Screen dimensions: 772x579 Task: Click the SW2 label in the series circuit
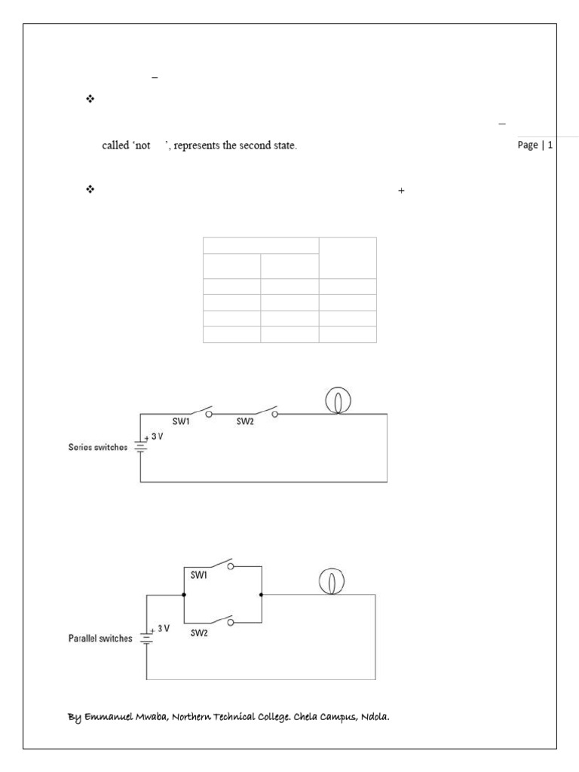pos(245,421)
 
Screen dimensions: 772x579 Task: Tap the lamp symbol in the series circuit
pos(336,400)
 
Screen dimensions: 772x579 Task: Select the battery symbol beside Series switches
pos(140,446)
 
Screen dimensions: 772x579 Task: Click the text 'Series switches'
pos(98,447)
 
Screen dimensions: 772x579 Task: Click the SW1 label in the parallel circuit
pos(200,574)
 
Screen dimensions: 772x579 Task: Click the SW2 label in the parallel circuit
pos(200,633)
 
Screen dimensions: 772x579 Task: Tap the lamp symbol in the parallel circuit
pos(328,581)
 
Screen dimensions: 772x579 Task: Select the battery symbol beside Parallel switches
pos(146,638)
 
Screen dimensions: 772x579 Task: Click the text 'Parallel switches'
pos(100,639)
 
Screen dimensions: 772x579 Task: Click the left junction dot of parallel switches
pos(184,595)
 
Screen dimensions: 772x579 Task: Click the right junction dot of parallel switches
pos(261,595)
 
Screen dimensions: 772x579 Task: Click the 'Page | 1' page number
pos(535,146)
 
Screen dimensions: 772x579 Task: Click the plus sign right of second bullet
pos(401,191)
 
